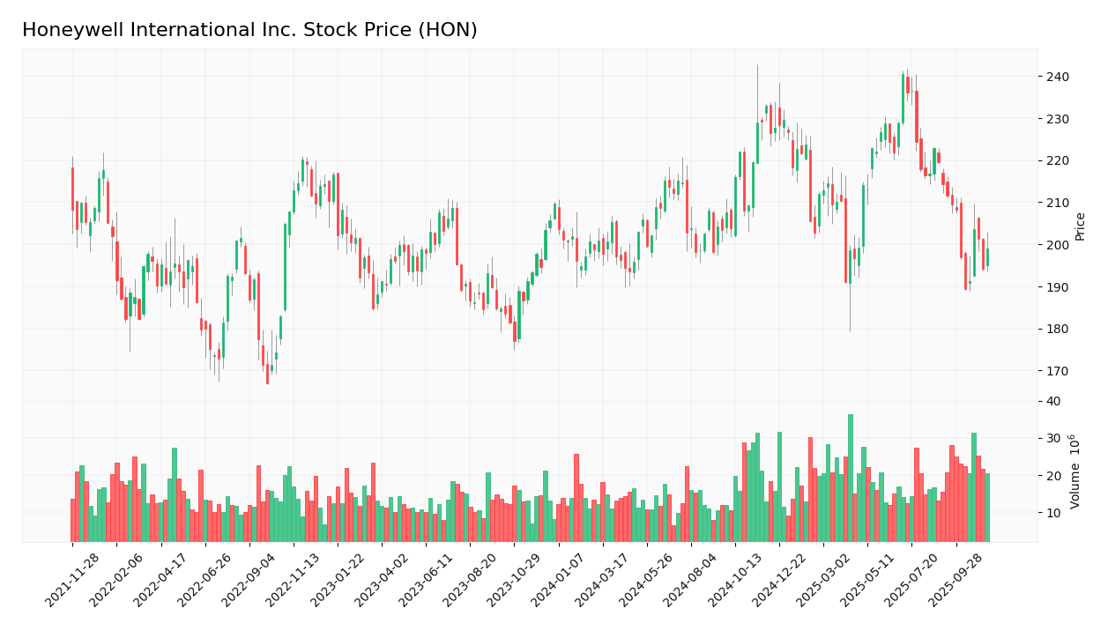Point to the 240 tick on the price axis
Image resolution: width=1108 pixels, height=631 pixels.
1057,77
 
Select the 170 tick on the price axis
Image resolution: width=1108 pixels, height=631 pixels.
1057,371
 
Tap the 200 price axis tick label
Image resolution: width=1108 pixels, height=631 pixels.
1057,245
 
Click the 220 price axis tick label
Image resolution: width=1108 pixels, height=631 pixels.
1057,160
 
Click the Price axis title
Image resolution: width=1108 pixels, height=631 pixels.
1080,226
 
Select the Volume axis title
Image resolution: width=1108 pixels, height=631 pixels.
1075,471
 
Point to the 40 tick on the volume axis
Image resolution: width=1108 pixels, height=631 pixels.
1053,401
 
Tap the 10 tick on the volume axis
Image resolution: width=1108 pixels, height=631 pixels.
1053,513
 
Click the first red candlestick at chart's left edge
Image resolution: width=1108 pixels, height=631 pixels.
73,189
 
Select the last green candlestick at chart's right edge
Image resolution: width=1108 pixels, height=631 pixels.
987,257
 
